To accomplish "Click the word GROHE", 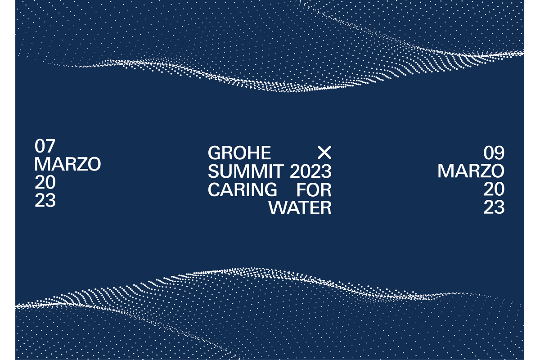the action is (239, 153).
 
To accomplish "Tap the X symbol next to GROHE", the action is (324, 153).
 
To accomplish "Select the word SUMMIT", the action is (245, 171).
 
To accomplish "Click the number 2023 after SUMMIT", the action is (310, 171).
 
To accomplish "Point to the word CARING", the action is (242, 189).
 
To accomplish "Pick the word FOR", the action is (314, 189).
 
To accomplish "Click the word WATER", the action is (300, 208).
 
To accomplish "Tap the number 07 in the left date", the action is (45, 146).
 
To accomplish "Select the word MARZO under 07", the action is (67, 164).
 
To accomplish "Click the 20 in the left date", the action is (45, 182).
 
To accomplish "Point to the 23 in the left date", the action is (45, 201).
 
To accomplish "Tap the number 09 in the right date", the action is (494, 153).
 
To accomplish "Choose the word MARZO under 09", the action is (471, 171).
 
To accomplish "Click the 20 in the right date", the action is (494, 189).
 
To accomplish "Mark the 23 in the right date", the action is (494, 207).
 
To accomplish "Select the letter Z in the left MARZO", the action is (80, 164).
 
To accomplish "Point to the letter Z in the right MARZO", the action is (484, 171).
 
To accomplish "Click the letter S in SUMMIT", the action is (213, 171).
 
